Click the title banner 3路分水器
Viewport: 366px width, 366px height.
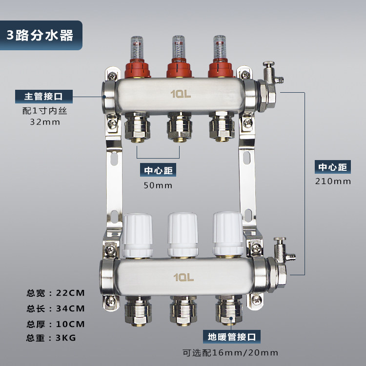pyautogui.click(x=41, y=35)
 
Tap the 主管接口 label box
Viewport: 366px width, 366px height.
pyautogui.click(x=44, y=97)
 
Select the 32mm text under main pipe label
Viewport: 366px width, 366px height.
pyautogui.click(x=45, y=122)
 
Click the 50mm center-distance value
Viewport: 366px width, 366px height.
pyautogui.click(x=158, y=185)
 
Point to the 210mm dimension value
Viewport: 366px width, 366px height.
pyautogui.click(x=333, y=182)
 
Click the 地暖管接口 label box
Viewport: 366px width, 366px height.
pyautogui.click(x=231, y=337)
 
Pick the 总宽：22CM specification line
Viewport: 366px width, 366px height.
pyautogui.click(x=56, y=293)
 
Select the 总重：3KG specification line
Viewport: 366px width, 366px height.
pyautogui.click(x=51, y=338)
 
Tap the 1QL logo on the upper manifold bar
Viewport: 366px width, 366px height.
pyautogui.click(x=181, y=94)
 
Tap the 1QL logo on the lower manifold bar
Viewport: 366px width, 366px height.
pyautogui.click(x=183, y=277)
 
